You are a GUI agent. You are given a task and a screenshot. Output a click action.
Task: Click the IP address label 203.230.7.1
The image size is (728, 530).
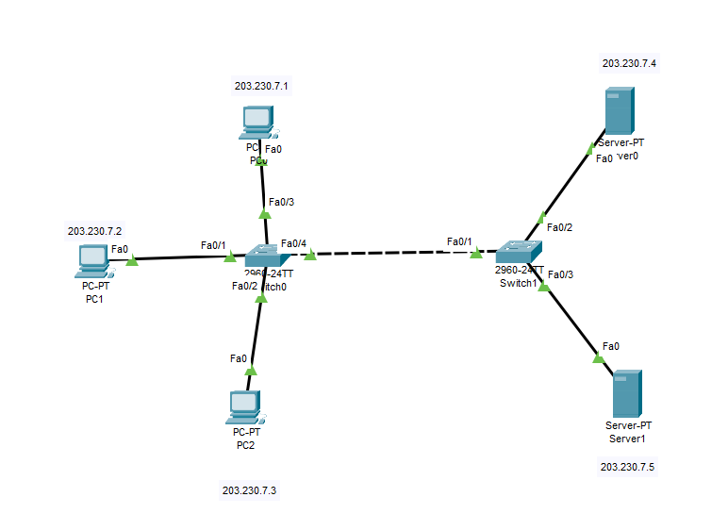click(261, 86)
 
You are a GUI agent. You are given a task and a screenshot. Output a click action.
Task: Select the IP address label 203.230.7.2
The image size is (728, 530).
click(94, 230)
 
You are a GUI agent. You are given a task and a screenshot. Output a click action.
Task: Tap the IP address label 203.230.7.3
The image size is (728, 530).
click(249, 490)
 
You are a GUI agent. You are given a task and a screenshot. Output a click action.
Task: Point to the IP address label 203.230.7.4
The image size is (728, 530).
click(629, 63)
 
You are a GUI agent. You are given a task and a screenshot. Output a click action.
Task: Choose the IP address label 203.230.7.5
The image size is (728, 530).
click(627, 466)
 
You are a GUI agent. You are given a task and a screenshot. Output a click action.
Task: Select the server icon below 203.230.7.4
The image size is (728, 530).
click(619, 111)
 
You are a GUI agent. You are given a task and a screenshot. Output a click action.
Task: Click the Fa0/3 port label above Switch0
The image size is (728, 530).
click(281, 202)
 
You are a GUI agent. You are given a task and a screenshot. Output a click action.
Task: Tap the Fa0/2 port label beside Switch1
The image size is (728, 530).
click(559, 227)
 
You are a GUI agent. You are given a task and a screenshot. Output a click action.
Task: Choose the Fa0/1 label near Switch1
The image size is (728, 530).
click(459, 241)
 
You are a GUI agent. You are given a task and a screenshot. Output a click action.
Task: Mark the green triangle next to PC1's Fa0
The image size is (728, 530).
click(132, 260)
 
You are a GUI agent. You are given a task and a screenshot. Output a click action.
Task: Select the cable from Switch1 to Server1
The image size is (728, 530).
click(571, 322)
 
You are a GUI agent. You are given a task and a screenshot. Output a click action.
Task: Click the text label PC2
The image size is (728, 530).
click(245, 445)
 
